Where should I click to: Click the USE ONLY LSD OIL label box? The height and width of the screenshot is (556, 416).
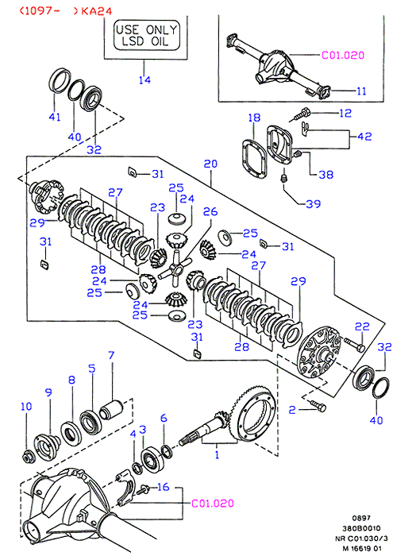tap(146, 35)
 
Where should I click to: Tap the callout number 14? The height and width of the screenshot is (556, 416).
tap(144, 80)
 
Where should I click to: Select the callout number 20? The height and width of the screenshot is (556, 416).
tap(210, 164)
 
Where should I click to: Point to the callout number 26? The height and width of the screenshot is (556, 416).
tap(210, 212)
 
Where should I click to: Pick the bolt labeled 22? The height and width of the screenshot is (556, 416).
tap(354, 344)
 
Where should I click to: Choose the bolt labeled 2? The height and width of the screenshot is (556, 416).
tap(318, 407)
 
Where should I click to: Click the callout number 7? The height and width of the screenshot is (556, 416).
tap(111, 355)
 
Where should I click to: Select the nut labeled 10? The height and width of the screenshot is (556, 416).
tap(28, 457)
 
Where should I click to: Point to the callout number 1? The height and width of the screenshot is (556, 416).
tap(217, 455)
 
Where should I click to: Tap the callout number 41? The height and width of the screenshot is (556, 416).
tap(55, 117)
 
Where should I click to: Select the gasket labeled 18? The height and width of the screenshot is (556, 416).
tap(254, 159)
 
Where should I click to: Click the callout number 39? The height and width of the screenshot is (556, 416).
tap(314, 204)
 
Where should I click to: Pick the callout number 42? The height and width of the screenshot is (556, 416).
tap(364, 137)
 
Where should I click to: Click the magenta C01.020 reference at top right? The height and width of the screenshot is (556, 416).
tap(343, 56)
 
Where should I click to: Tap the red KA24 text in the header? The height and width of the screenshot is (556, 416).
tap(96, 11)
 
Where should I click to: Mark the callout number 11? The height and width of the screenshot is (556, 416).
tap(361, 91)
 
